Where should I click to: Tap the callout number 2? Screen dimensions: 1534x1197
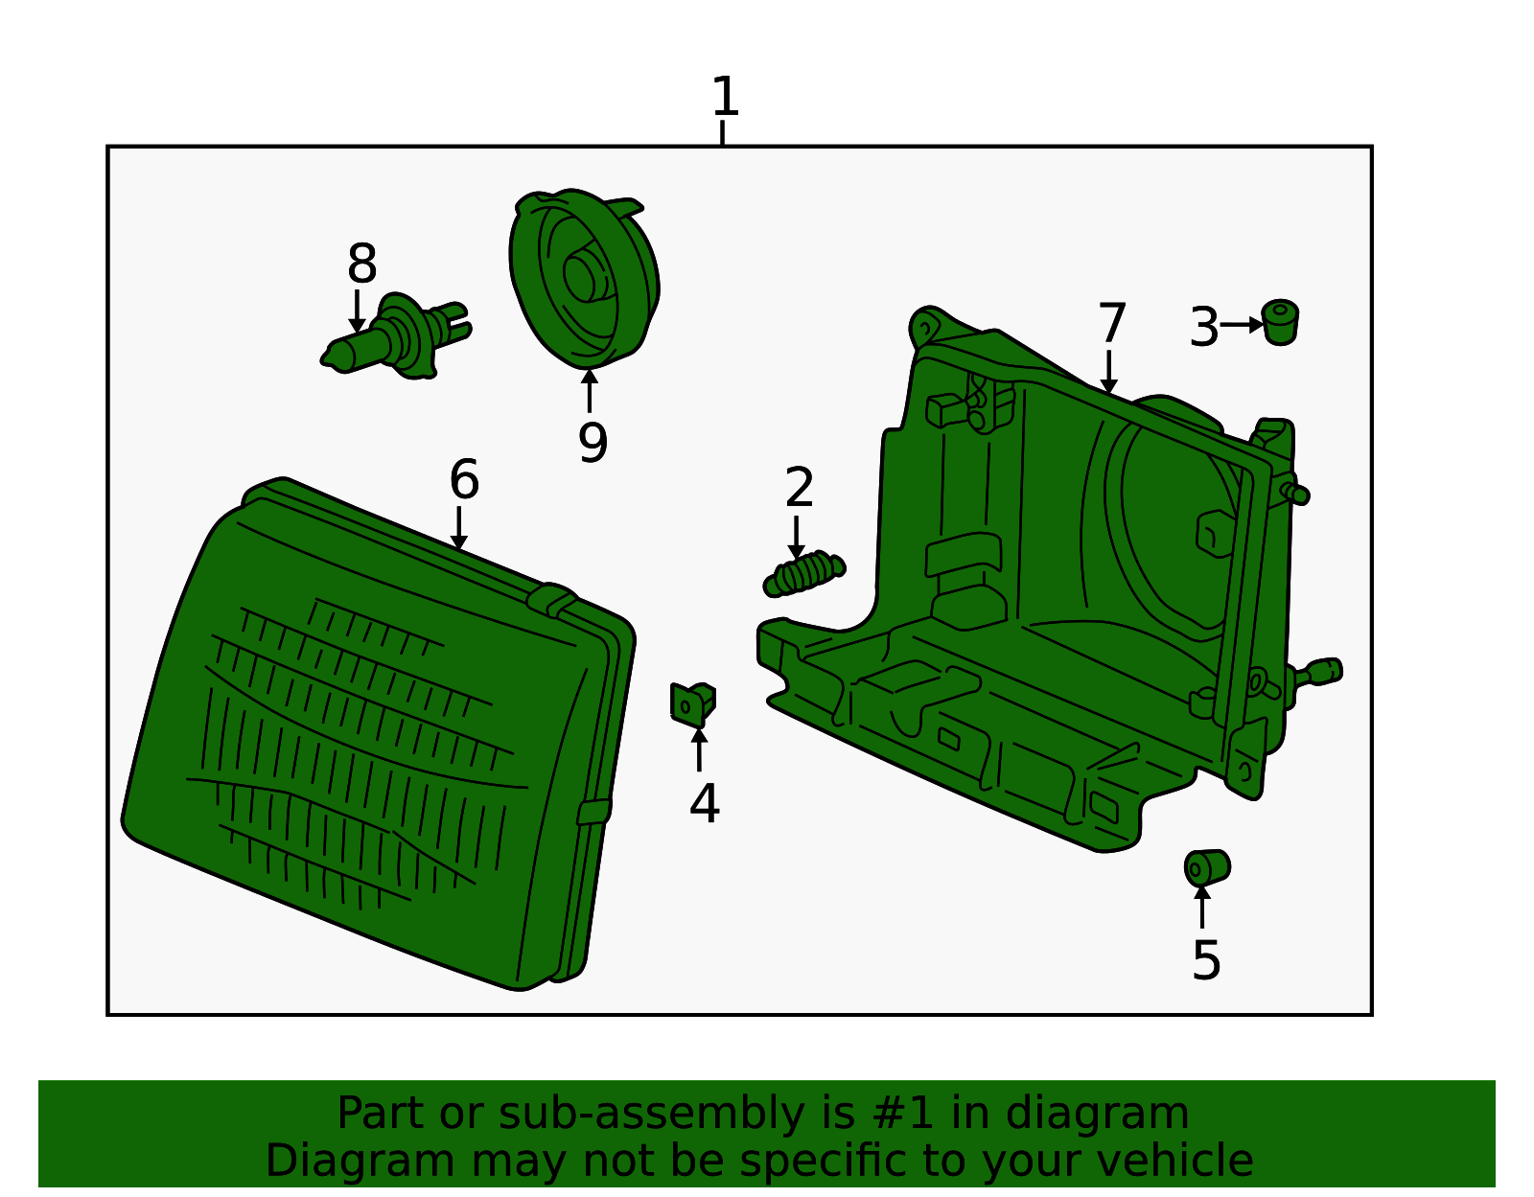pos(800,487)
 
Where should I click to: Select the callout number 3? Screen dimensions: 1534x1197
pos(1203,327)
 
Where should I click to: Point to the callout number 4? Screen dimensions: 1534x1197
pos(705,804)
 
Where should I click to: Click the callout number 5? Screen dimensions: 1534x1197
pos(1206,960)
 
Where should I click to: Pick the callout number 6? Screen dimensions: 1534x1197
pos(464,479)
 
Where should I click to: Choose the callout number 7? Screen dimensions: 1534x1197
pos(1112,324)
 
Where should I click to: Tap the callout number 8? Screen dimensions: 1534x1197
pos(362,264)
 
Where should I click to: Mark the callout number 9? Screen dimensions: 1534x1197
pos(593,442)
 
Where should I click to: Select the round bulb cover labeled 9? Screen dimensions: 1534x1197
pos(585,279)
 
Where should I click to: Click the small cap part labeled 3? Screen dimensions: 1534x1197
pos(1280,322)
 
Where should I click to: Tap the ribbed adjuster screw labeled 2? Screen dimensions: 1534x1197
pos(804,573)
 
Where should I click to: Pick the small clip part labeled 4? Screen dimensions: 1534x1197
pos(692,704)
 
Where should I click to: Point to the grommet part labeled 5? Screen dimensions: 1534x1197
pos(1207,868)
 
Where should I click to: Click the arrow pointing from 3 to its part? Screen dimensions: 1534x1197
pos(1242,325)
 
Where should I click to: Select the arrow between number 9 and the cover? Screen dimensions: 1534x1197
pos(590,391)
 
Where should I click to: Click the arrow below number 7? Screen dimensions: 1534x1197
pos(1109,372)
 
